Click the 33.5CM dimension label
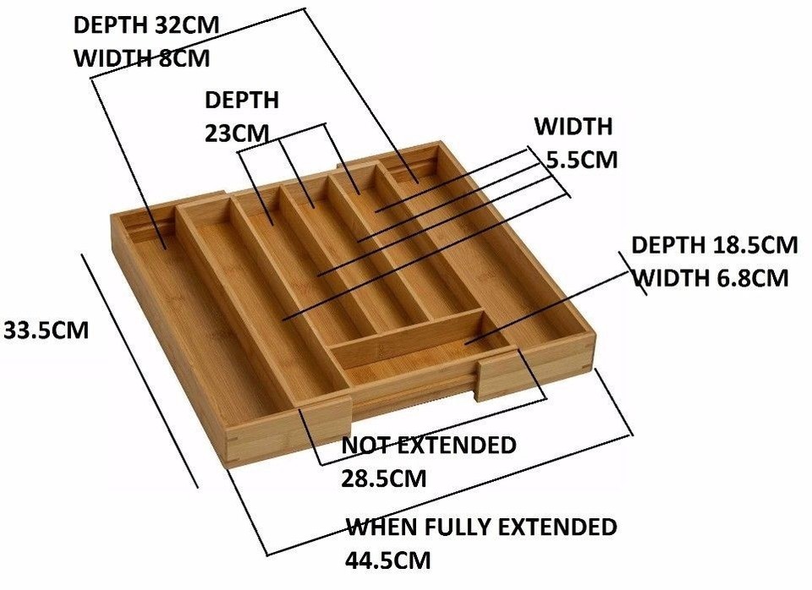(46, 329)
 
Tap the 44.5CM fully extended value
(387, 560)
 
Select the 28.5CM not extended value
(383, 478)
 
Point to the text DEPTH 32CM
(145, 25)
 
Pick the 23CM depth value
(238, 134)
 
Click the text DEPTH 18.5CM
(714, 245)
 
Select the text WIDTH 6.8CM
(711, 277)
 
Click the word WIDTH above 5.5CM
(573, 127)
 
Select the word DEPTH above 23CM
(242, 100)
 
